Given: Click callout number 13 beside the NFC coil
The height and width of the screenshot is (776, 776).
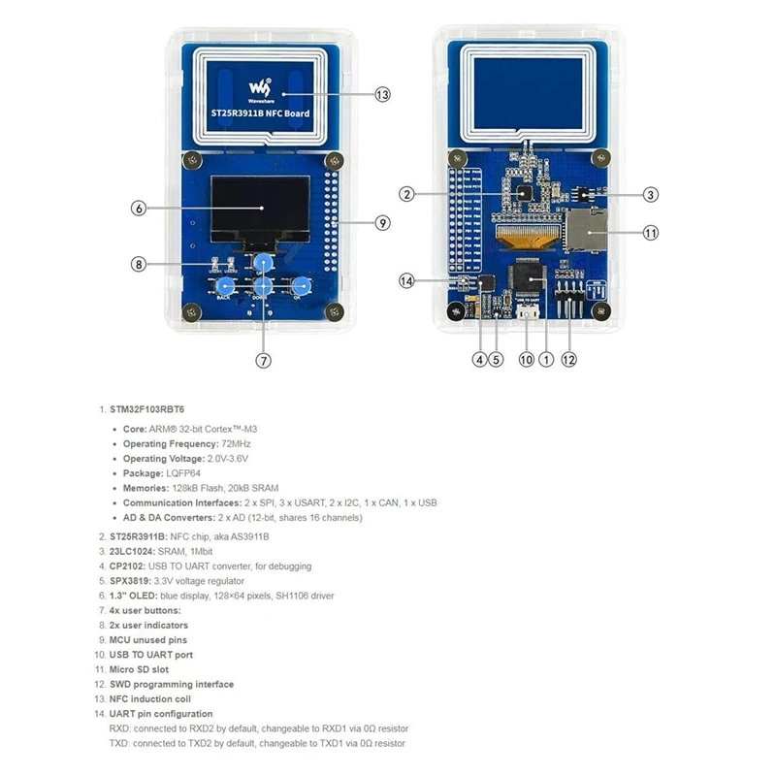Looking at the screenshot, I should tap(382, 94).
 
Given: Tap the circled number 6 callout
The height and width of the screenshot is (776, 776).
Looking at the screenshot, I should tap(139, 208).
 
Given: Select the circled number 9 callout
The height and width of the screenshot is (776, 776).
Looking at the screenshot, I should tap(382, 222).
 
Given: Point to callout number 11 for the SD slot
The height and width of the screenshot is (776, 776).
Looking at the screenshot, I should tap(651, 233).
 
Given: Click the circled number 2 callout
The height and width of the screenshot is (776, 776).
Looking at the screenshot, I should tap(408, 194).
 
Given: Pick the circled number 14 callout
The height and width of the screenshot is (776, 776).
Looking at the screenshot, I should tap(408, 280).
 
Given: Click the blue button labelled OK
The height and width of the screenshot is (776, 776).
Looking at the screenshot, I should tap(302, 286).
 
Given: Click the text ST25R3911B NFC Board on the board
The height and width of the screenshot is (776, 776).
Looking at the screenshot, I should tap(261, 114).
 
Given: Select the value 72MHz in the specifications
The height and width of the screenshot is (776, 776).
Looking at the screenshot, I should tap(239, 443).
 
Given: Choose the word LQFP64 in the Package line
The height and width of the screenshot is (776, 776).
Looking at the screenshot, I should tap(193, 473).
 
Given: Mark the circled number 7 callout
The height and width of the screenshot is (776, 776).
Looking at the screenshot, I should tap(263, 360).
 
